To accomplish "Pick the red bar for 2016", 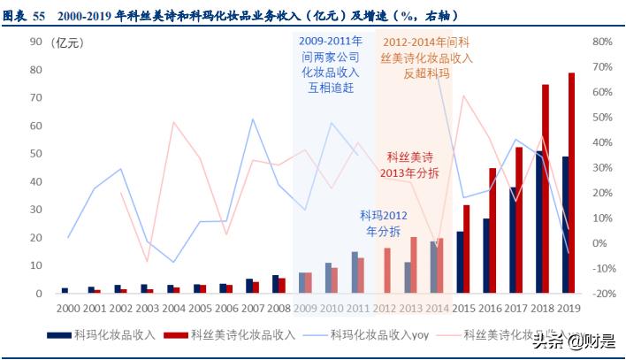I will pos(492,230).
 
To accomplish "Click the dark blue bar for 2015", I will pos(460,262).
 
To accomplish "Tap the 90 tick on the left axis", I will pos(36,42).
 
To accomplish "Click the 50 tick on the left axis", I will pos(36,154).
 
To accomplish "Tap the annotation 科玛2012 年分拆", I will pos(383,223).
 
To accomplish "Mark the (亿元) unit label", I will pos(68,42).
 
